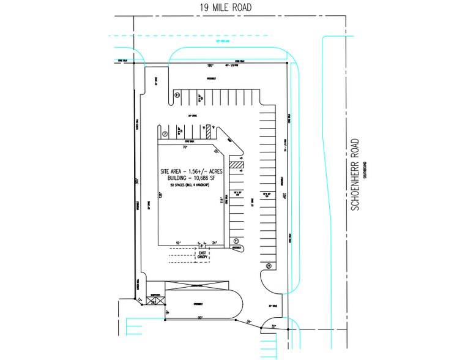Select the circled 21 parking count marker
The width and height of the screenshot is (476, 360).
coord(269,266)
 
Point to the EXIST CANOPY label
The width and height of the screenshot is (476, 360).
coord(202,255)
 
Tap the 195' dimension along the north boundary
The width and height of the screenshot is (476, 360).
coord(210,66)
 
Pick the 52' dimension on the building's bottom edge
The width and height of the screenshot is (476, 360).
coord(178,243)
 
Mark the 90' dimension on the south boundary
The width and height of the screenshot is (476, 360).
coord(200,318)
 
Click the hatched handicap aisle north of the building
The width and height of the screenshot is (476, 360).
coord(208,131)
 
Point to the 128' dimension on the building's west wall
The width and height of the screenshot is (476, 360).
coord(162,195)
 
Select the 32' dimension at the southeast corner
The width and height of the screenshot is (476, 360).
coord(273,327)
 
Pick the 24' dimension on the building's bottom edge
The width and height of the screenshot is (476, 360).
coord(214,243)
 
